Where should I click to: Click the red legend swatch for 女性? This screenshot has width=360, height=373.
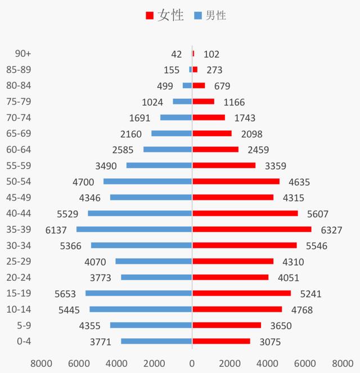pos(149,16)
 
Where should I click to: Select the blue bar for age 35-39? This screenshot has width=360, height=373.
pos(134,230)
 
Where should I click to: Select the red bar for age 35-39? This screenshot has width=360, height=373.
pos(251,230)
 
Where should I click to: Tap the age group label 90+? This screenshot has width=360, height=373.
pos(23,54)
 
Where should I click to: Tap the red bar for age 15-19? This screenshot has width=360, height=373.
pos(241,293)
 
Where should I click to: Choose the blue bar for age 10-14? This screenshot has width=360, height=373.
pos(141,309)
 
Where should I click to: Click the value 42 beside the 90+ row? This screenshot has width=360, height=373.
pos(176,54)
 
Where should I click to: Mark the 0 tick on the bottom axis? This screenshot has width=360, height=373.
pos(192,362)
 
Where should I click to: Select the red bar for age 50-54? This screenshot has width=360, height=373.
pos(236,182)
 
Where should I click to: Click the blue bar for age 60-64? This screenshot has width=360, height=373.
pos(168,150)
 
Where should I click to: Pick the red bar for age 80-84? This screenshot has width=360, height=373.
pos(199,86)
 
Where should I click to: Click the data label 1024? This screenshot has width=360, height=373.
pos(152,102)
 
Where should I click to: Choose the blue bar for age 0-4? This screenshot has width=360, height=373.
pos(156,341)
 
